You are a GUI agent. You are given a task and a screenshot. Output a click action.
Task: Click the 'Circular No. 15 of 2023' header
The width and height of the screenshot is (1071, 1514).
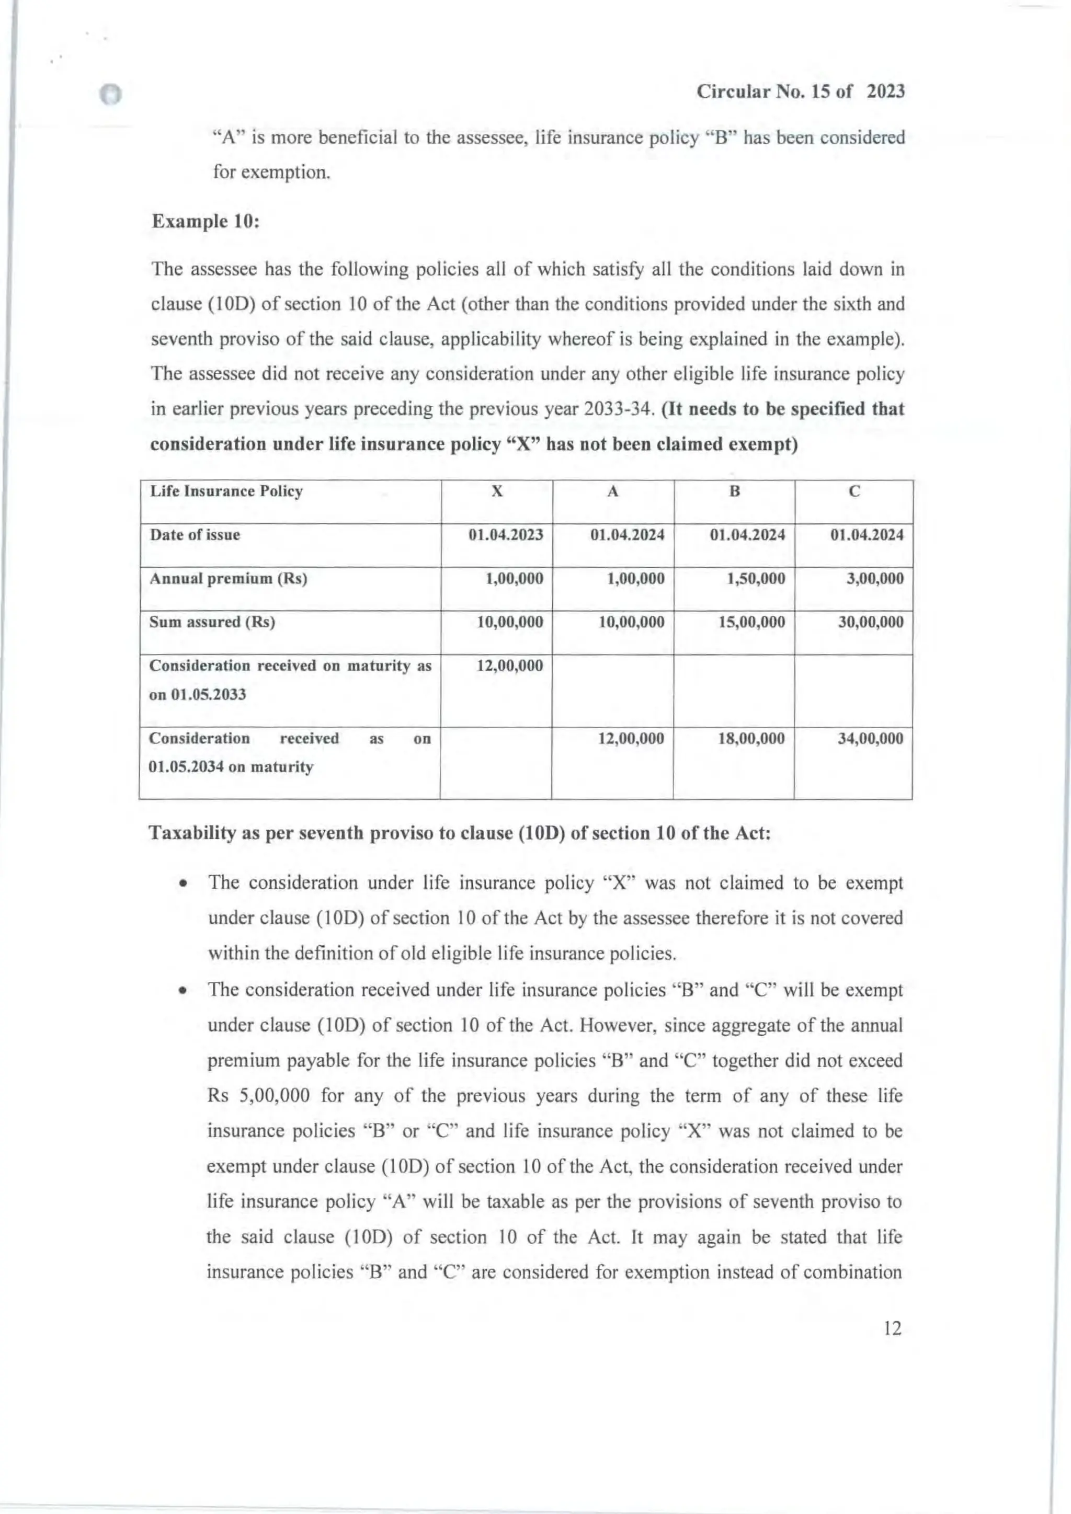pyautogui.click(x=801, y=91)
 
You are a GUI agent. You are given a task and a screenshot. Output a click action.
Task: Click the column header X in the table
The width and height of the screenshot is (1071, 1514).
pyautogui.click(x=497, y=491)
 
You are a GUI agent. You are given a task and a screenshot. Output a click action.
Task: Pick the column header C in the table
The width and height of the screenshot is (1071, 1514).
pyautogui.click(x=854, y=491)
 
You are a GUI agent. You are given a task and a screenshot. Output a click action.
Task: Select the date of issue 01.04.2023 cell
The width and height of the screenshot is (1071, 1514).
pyautogui.click(x=506, y=535)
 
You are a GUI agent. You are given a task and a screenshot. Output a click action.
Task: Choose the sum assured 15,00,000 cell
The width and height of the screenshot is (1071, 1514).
pyautogui.click(x=752, y=623)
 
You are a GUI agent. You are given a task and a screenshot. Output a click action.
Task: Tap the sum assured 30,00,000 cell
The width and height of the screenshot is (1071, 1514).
pyautogui.click(x=871, y=623)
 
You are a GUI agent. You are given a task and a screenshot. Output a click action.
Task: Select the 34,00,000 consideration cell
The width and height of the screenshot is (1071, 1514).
pyautogui.click(x=871, y=739)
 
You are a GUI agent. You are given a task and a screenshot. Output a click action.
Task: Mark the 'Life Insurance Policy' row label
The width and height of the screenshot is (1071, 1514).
pyautogui.click(x=226, y=491)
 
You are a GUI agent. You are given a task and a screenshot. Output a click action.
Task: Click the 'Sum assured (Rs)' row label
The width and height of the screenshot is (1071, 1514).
pyautogui.click(x=212, y=623)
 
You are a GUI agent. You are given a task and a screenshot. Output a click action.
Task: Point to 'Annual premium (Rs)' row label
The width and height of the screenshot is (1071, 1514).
pyautogui.click(x=228, y=579)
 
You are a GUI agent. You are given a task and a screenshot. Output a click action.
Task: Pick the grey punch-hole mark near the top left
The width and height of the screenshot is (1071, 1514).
pyautogui.click(x=111, y=95)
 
